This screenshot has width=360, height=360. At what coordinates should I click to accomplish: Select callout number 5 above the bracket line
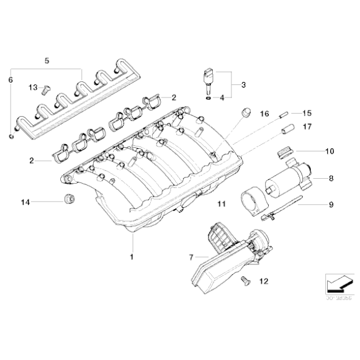(x=46, y=60)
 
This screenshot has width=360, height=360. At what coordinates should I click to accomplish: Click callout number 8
(x=330, y=179)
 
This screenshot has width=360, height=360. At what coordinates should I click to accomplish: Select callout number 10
(x=330, y=150)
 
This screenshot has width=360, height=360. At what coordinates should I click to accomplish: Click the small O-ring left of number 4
(x=206, y=97)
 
